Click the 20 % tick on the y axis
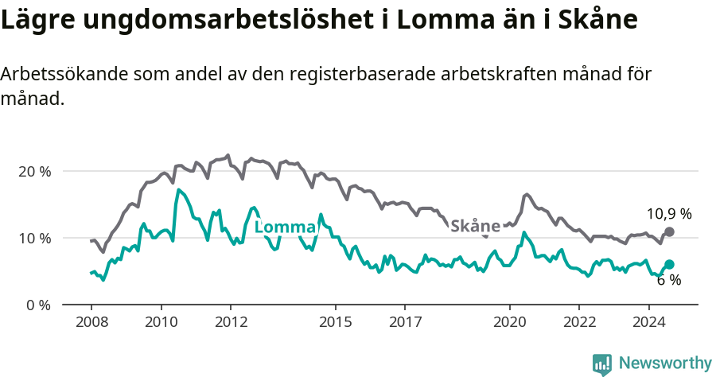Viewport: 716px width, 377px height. coord(33,172)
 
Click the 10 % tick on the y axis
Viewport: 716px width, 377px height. coord(33,239)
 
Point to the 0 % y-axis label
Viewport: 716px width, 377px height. coord(37,305)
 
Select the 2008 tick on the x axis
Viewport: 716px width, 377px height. coord(91,322)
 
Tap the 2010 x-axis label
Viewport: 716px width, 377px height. coord(161,322)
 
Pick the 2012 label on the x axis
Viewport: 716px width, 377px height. coord(231,322)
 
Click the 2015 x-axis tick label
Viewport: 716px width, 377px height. coord(335,322)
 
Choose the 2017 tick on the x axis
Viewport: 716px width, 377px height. coord(404,322)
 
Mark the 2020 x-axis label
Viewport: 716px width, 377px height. coord(509,322)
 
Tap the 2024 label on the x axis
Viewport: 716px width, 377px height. coord(648,322)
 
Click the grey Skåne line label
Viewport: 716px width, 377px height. coord(475,226)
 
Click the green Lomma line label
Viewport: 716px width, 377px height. coord(285,227)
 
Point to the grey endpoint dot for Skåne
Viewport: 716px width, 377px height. coord(669,231)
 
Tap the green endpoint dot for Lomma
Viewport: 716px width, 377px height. coord(669,264)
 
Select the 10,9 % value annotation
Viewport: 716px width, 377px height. coord(668,214)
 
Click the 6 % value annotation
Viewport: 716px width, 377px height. coord(668,280)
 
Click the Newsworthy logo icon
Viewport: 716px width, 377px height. coord(602,364)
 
